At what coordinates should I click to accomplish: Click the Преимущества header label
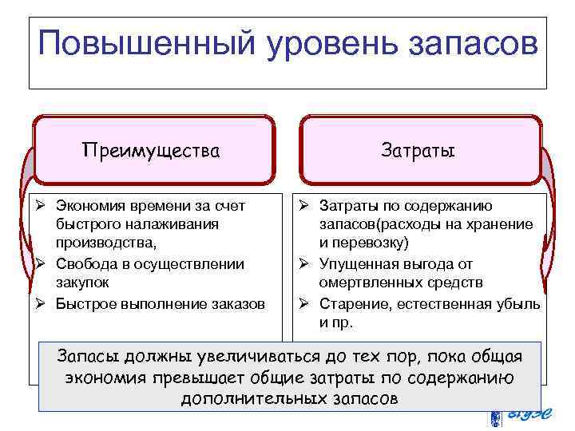click(152, 150)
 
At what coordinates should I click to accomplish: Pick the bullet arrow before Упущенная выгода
click(304, 264)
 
